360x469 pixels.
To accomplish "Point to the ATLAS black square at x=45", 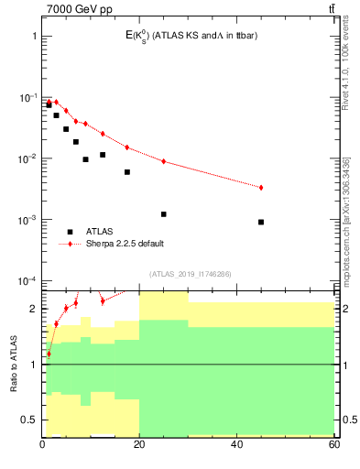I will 261,222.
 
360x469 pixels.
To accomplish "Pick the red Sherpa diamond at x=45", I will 261,188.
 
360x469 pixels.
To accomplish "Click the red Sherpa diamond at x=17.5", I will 127,147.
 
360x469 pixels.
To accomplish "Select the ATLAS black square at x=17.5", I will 127,172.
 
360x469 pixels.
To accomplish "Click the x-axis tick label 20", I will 140,445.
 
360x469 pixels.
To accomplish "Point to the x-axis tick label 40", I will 237,445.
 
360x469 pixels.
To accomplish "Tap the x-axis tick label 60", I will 333,445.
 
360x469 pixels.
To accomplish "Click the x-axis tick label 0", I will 43,445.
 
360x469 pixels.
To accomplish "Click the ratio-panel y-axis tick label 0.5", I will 29,420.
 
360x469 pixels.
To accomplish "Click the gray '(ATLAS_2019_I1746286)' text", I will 190,273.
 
